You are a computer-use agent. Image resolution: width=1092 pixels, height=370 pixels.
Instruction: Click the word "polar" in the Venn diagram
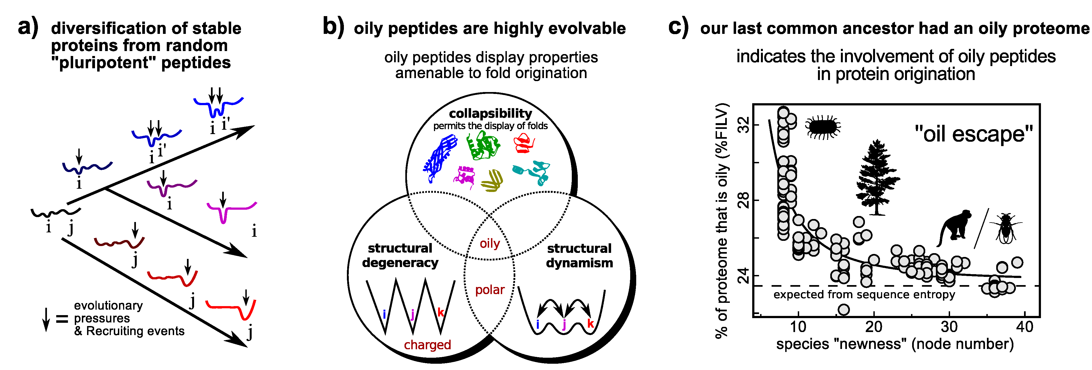[490, 290]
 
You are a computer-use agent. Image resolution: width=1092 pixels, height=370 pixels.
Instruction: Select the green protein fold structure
[483, 146]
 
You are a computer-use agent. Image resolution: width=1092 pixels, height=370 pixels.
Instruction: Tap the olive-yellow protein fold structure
[492, 180]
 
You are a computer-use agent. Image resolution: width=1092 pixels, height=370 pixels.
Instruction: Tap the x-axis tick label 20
[874, 327]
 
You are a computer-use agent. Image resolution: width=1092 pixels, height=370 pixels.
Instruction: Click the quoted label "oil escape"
[973, 134]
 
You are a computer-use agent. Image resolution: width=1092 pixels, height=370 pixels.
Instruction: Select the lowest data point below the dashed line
[844, 310]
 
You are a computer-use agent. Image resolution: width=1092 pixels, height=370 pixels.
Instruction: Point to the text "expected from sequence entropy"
[864, 294]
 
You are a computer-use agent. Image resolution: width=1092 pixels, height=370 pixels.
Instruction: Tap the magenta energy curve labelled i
[231, 211]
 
